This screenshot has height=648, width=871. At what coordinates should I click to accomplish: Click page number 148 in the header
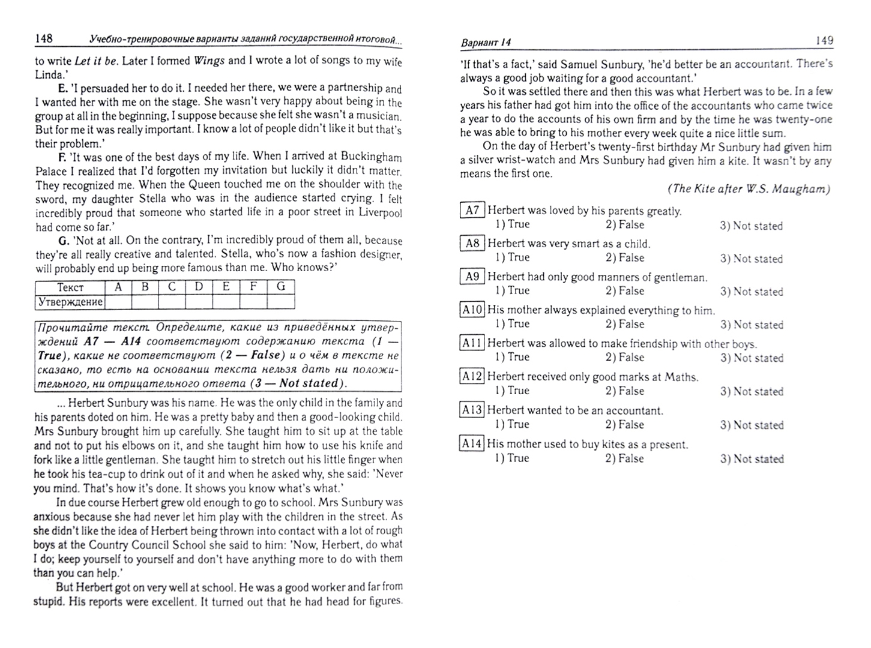[44, 39]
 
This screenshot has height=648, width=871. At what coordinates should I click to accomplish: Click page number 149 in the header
[824, 41]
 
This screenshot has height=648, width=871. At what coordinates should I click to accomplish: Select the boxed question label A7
[472, 210]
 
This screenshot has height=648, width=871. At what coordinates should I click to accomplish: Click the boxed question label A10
[472, 310]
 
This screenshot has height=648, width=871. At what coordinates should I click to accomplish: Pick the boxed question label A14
[472, 444]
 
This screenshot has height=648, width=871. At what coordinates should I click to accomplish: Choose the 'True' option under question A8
[512, 258]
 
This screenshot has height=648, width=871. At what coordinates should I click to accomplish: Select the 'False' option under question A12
[624, 391]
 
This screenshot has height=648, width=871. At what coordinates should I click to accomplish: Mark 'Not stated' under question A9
[752, 292]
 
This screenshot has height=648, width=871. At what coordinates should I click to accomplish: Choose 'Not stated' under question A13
[752, 425]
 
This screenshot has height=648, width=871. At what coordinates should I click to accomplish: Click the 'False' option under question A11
[624, 358]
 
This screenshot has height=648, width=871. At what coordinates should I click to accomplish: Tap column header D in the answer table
[199, 287]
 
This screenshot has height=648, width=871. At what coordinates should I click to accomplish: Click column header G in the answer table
[280, 287]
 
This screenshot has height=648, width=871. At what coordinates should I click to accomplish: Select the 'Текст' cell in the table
[70, 287]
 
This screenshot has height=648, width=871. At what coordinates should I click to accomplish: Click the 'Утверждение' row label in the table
[70, 302]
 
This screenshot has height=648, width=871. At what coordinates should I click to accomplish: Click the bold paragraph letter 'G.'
[65, 241]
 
